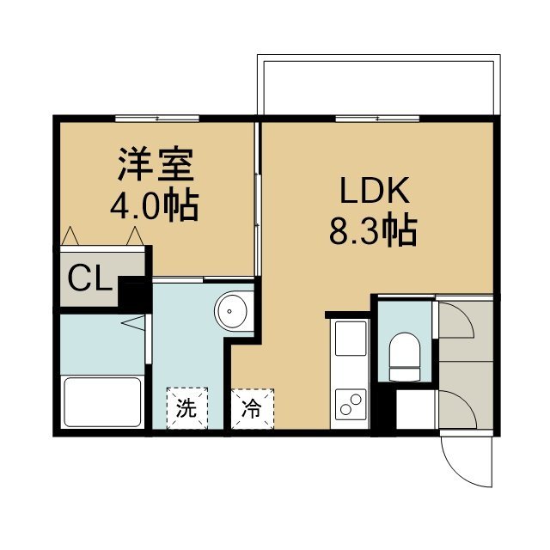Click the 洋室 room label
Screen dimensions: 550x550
pos(156,164)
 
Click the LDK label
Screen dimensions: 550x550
pos(375,191)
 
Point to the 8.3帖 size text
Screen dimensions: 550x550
pos(373,230)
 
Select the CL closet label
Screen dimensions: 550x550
pos(89,278)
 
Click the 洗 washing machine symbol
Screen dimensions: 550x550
pos(187,408)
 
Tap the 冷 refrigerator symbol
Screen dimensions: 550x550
pos(253,409)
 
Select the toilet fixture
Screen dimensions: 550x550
pos(405,357)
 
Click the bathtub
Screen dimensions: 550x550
pos(102,402)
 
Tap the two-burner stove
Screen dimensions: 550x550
pos(351,405)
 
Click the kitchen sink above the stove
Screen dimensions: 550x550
pos(351,338)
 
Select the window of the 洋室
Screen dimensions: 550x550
pos(157,119)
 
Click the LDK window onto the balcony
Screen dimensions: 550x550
pos(377,119)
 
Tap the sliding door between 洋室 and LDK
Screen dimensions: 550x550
pos(258,199)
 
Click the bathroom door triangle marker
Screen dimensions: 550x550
pos(133,323)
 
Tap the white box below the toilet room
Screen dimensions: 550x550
pos(416,409)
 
